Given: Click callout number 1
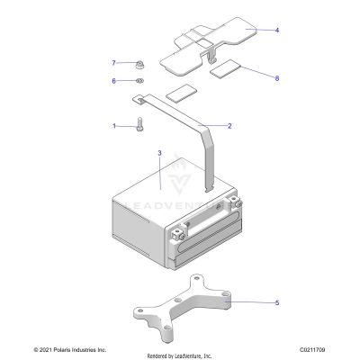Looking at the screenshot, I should point(114,126).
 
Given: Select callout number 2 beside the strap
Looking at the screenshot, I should point(229,126).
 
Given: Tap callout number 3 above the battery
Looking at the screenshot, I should point(159,154).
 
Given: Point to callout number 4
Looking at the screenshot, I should point(277,31).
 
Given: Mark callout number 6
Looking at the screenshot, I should point(114,81).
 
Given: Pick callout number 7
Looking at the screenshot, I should point(114,63).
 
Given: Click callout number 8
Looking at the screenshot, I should point(276,79).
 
